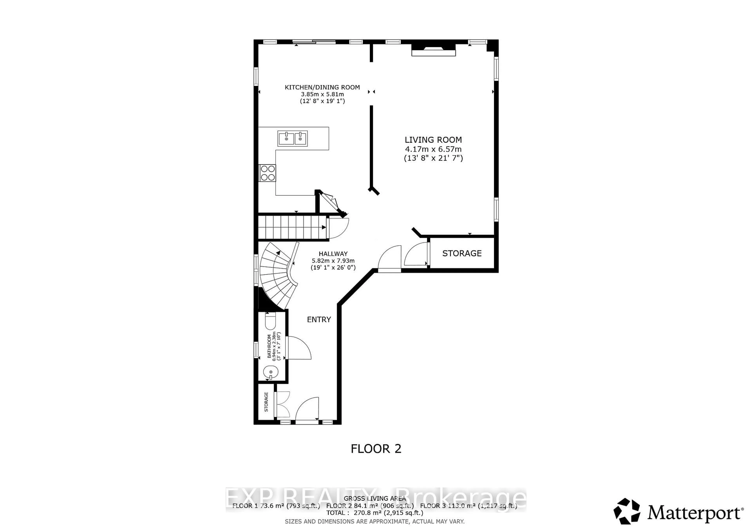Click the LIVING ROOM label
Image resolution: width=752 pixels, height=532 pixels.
pos(433,140)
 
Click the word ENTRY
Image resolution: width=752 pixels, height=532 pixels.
pos(319,319)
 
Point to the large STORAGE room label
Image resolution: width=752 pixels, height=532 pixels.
pos(462,253)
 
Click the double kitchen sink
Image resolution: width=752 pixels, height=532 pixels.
pos(293,138)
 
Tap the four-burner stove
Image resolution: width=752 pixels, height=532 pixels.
pos(268,173)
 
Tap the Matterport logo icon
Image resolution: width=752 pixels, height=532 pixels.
pos(626,511)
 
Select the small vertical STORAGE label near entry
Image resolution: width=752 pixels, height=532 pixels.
pos(266,402)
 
